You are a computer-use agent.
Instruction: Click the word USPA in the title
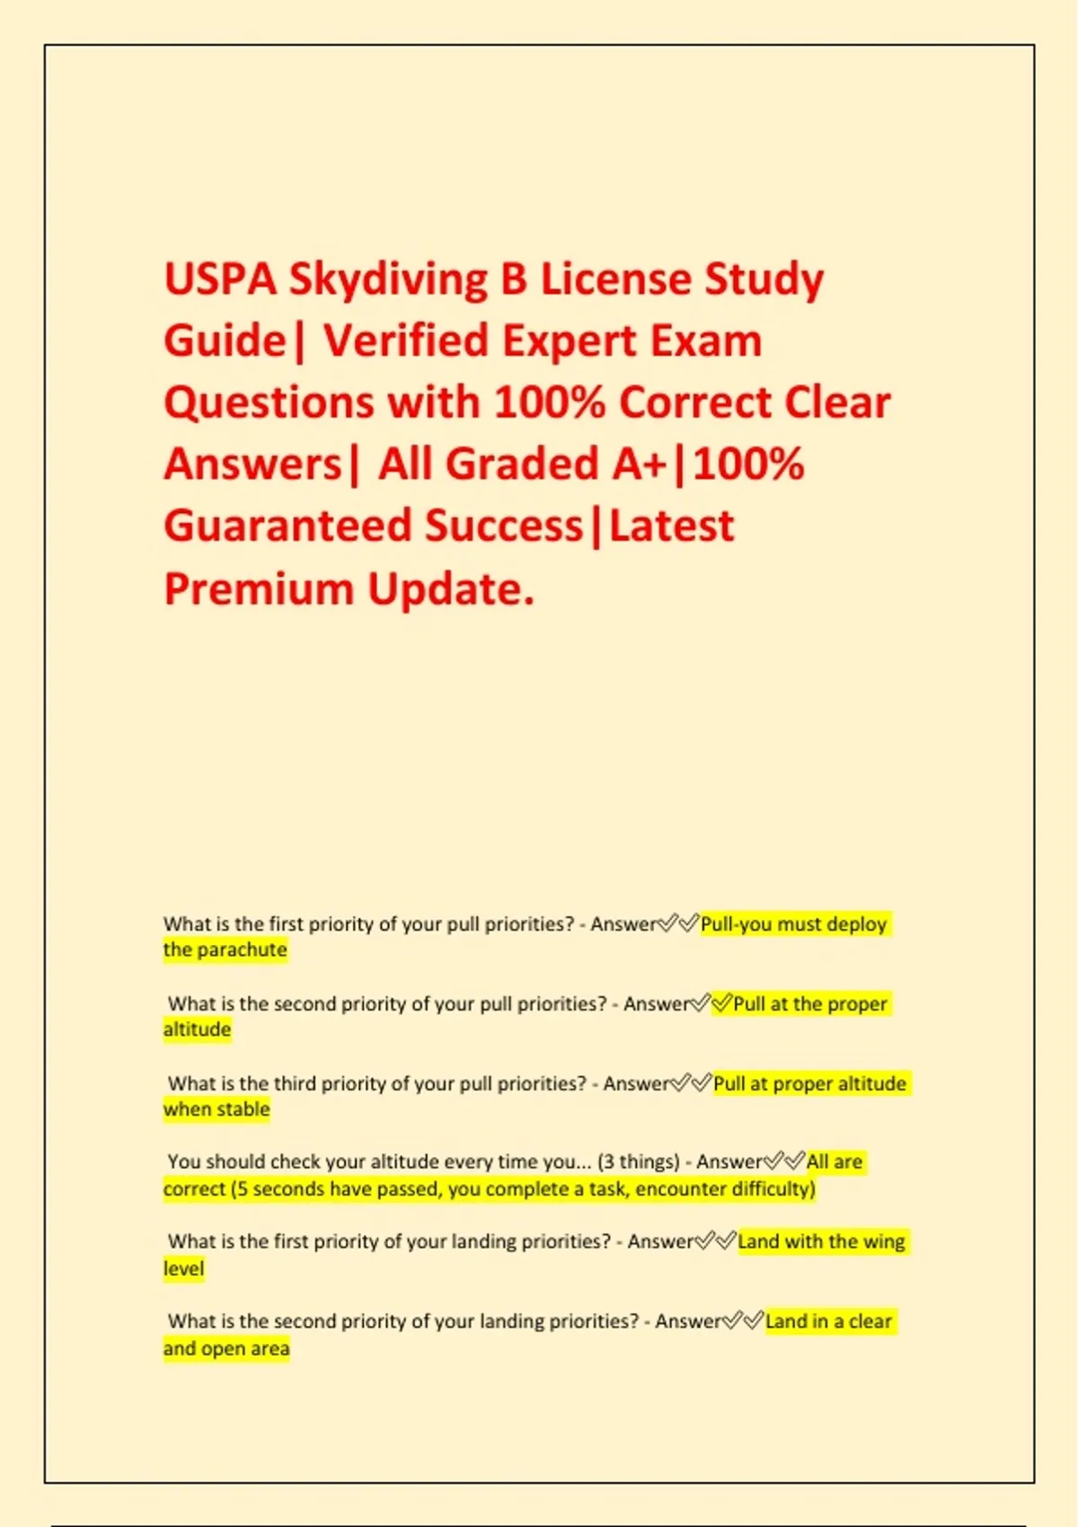[220, 279]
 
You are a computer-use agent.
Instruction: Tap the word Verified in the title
[404, 341]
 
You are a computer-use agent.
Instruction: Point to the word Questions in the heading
[269, 402]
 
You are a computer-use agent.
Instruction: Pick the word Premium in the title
[259, 589]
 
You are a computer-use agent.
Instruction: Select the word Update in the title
[451, 589]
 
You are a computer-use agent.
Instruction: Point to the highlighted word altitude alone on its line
[197, 1029]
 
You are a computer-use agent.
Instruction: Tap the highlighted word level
[183, 1269]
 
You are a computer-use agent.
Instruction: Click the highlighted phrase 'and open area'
[226, 1349]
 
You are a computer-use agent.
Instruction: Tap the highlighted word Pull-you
[736, 924]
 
